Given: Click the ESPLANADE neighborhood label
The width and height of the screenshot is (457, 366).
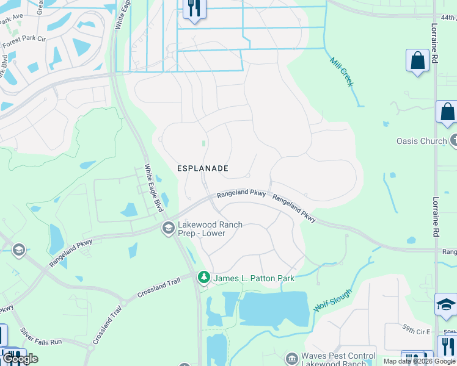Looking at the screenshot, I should click(203, 168).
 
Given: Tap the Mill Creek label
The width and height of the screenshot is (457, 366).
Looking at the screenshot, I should click(342, 72).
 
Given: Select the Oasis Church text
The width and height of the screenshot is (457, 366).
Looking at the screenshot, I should click(422, 141).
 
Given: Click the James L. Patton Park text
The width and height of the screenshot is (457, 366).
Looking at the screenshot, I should click(254, 278).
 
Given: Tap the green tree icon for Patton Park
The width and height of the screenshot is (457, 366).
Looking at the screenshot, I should click(203, 278).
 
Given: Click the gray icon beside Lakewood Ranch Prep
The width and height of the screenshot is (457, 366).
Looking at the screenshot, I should click(167, 228).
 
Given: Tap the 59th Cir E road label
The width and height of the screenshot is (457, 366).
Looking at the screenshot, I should click(416, 330).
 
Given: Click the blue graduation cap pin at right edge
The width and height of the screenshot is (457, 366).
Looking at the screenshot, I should click(445, 304).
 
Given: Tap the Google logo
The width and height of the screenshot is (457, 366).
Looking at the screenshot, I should click(20, 359).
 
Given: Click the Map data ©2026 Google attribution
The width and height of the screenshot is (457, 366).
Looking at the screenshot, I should click(419, 361).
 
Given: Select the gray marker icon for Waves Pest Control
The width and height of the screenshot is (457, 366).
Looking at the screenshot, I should click(292, 356).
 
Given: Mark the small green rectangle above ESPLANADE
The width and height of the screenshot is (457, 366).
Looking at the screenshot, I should click(204, 144).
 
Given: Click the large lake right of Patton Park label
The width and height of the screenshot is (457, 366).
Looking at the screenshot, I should click(272, 308).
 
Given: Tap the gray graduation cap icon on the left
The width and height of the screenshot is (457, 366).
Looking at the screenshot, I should click(18, 249).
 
